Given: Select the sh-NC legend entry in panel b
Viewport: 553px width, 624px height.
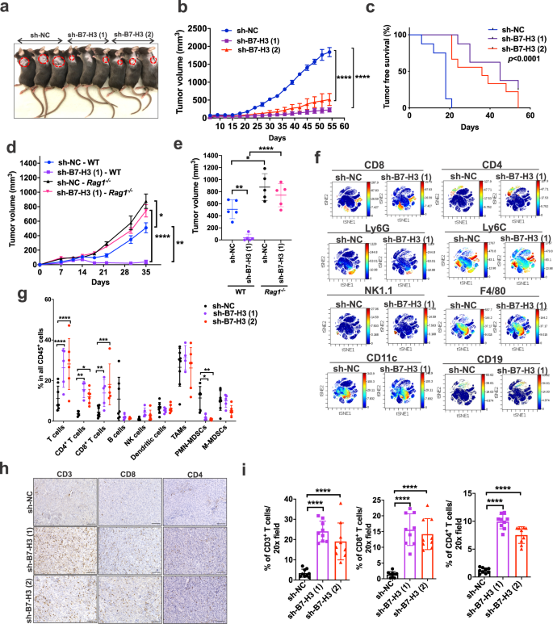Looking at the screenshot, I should point(247,15).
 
